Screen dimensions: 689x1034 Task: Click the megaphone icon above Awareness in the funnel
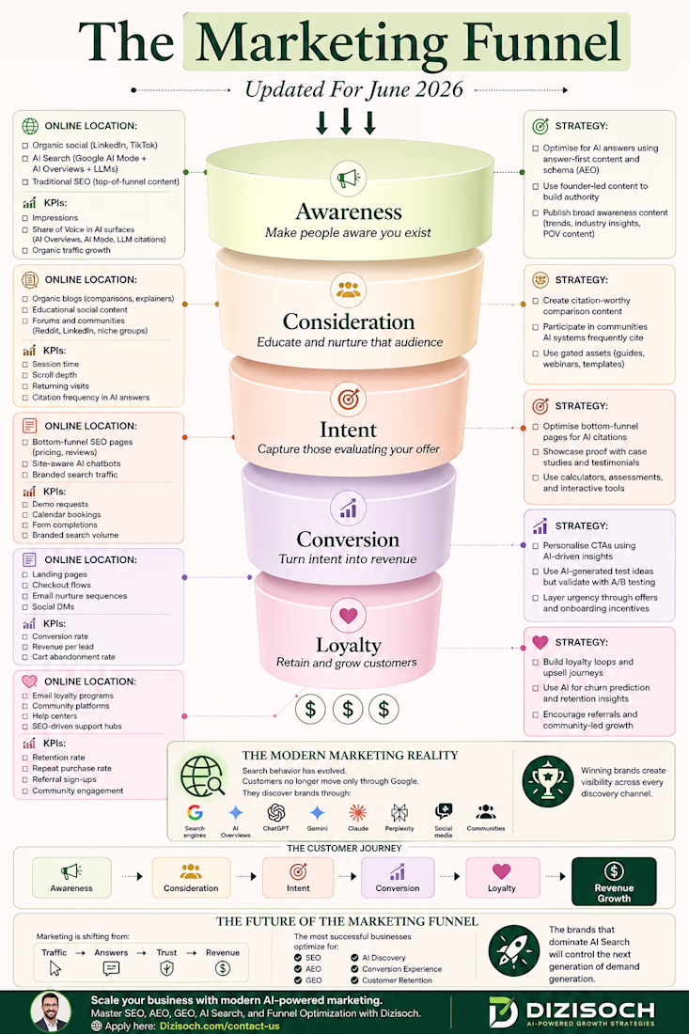tap(348, 178)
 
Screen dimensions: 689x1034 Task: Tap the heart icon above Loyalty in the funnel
tap(348, 616)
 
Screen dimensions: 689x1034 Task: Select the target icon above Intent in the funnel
tap(348, 399)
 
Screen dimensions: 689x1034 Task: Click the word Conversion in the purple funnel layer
tap(348, 540)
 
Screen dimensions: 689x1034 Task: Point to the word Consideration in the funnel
tap(349, 321)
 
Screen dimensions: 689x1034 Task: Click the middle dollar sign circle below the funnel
tap(348, 710)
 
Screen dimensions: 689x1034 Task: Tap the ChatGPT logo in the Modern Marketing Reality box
tap(275, 812)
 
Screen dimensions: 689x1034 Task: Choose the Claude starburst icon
tap(357, 812)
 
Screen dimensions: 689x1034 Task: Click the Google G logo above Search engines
tap(195, 812)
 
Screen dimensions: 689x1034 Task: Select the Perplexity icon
tap(399, 812)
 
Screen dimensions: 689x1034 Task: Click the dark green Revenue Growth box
tap(614, 882)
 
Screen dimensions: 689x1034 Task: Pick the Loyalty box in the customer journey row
tap(502, 878)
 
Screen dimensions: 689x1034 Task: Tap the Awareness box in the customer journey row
tap(71, 878)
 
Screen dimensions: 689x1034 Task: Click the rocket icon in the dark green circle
tap(514, 951)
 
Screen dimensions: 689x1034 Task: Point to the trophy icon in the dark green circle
tap(547, 781)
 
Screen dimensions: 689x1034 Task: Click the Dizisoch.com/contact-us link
tap(219, 1026)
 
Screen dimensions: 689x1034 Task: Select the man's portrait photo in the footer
tap(51, 1011)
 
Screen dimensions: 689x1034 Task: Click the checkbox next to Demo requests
tap(25, 505)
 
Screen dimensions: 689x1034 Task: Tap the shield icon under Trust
tap(166, 968)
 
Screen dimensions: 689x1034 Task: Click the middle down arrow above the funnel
tap(346, 122)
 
